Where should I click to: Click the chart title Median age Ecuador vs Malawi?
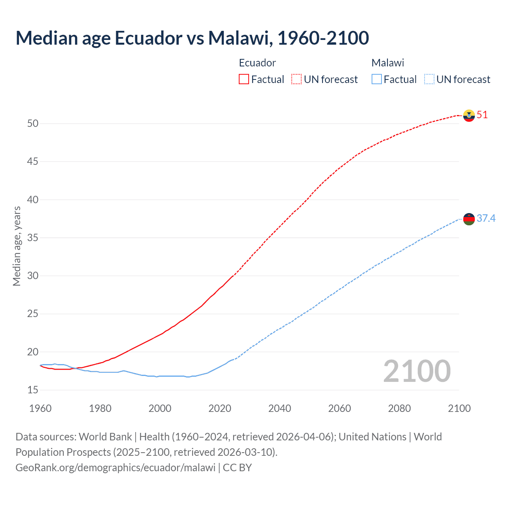192,38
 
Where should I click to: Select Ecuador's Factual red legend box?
244,79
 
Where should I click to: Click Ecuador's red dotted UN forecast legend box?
296,79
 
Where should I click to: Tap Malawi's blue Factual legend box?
377,79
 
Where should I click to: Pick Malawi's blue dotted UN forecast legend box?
429,79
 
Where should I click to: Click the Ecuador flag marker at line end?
469,115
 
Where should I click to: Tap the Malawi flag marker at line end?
469,219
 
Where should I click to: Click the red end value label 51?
482,115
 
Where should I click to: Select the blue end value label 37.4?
486,218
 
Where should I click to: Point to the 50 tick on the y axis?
33,124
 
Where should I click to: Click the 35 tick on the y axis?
33,238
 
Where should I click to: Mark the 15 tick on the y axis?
33,390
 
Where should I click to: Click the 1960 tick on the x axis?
40,408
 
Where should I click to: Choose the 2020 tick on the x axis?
220,408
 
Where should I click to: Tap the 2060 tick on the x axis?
340,408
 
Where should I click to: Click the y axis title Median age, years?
17,246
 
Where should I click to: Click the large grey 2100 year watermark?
417,371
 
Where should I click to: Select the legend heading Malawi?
387,63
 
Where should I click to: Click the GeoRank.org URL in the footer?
115,467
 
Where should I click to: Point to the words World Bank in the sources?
105,437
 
